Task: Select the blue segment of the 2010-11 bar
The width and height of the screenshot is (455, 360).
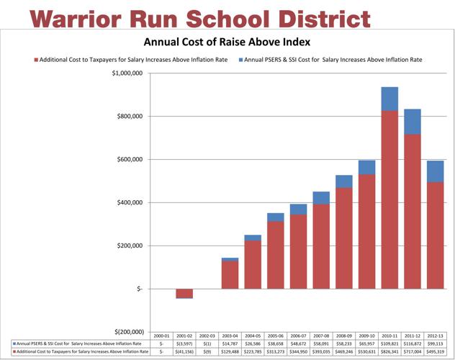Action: coord(389,99)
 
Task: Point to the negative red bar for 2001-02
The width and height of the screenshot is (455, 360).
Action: coord(184,293)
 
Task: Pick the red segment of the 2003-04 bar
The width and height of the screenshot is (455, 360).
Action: coord(230,274)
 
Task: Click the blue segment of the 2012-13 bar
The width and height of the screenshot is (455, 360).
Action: coord(435,171)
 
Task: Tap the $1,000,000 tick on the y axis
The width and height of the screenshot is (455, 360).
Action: coord(130,73)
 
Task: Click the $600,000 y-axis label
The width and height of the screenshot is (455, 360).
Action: coord(132,159)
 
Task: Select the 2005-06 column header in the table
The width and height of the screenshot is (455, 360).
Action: coord(276,336)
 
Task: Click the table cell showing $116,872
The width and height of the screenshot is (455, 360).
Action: coord(413,344)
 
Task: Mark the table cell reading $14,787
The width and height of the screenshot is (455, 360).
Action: coord(230,344)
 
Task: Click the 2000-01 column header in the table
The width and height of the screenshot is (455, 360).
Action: coord(162,336)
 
